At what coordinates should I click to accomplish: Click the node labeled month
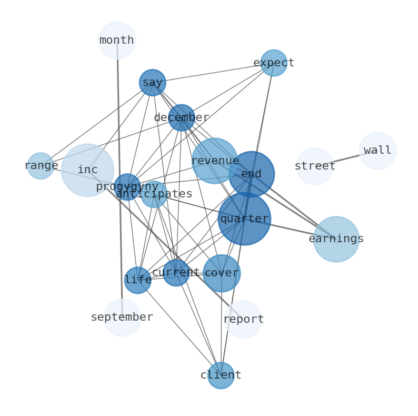pos(117,40)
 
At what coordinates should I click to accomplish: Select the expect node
pos(274,63)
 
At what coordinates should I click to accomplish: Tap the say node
pos(152,83)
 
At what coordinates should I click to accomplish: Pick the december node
pos(182,117)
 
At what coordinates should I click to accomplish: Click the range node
pos(41,166)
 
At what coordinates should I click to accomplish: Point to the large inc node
pos(87,170)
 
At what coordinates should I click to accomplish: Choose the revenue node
pos(214,161)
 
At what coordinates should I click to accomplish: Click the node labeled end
pos(252,174)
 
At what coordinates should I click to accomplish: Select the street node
pos(315,166)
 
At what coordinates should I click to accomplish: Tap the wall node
pos(377,151)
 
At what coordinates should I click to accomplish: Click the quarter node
pos(244,219)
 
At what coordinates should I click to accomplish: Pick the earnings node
pos(336,239)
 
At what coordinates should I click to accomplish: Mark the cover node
pos(222,273)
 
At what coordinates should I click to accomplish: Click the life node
pos(138,280)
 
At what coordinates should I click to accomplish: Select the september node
pos(122,318)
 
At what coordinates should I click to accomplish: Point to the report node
pos(243,320)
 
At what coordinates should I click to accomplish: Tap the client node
pos(221,375)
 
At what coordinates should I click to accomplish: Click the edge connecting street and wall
pos(346,159)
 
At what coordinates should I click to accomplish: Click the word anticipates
pos(154,194)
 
